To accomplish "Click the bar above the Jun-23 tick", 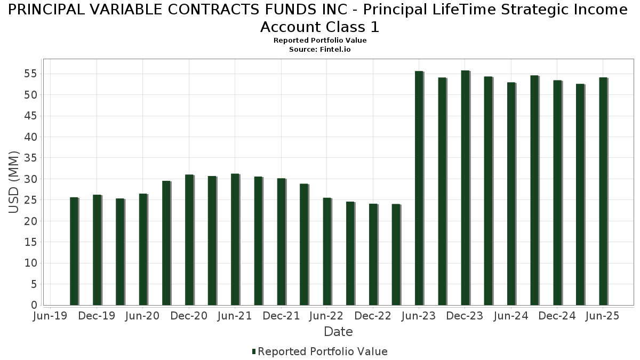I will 419,188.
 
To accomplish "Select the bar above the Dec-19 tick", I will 97,250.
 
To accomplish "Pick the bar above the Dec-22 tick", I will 373,254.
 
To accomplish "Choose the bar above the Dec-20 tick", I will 189,240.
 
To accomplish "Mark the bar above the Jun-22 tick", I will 327,252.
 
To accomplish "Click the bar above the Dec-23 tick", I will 465,188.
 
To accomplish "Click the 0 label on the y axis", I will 34,305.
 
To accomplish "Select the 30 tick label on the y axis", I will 30,179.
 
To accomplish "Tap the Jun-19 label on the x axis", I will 50,316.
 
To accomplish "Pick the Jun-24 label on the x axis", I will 511,316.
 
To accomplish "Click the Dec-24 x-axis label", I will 557,316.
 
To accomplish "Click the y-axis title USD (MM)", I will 14,182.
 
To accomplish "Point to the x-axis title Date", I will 338,332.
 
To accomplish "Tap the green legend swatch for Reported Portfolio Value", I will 254,351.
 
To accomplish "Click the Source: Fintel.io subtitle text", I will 320,49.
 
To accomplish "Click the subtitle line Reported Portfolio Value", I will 320,41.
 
